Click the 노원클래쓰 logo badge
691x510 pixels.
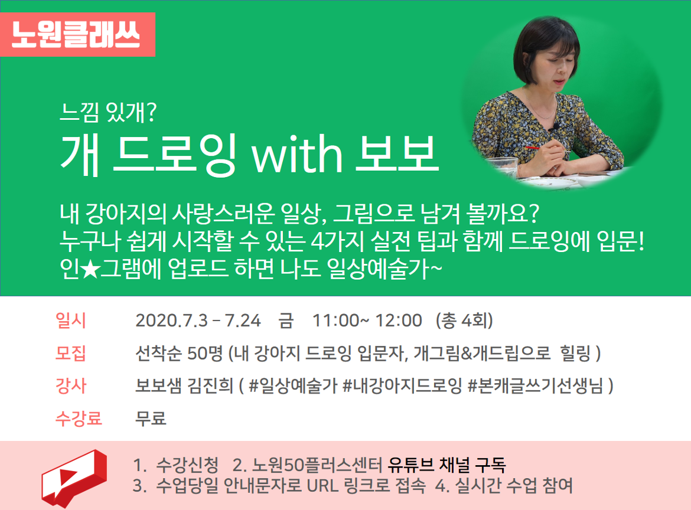77,34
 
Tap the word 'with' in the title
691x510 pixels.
297,153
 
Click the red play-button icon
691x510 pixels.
74,478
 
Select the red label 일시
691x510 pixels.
70,320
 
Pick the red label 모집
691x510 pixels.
70,353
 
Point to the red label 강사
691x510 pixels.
70,385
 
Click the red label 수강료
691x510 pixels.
79,418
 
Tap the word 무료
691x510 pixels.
151,418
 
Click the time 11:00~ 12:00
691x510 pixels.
367,321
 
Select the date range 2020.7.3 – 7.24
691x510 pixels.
198,321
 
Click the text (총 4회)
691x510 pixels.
464,321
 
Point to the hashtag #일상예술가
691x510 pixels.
293,386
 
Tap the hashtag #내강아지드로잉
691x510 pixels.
402,386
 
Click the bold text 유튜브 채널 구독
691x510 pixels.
447,465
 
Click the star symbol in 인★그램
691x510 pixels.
90,269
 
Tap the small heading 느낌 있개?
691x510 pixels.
109,112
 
